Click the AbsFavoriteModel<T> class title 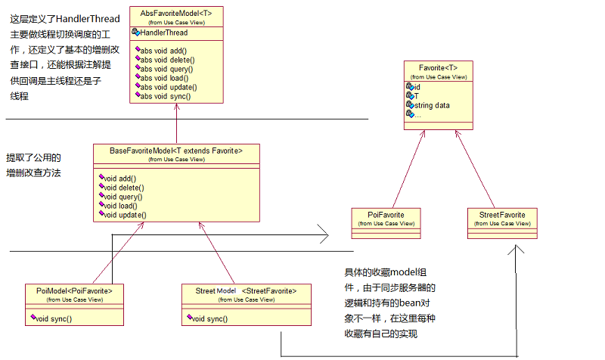point(176,13)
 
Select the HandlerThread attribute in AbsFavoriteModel point(164,33)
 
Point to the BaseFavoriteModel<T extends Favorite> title point(176,151)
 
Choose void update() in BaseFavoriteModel point(122,215)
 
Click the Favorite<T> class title point(438,68)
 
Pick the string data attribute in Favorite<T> point(432,105)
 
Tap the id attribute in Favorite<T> point(417,87)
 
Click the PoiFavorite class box point(386,219)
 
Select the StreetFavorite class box point(502,219)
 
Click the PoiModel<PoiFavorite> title point(74,290)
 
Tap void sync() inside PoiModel point(54,318)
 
